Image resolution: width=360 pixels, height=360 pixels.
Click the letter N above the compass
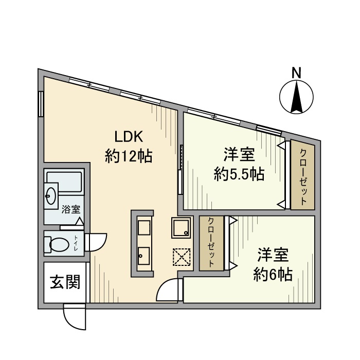[x=296, y=73]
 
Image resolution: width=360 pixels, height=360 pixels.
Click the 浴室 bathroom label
[x=70, y=209]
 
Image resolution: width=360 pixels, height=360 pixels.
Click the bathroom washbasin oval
[x=51, y=196]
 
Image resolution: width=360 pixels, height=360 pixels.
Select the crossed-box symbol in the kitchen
[x=182, y=257]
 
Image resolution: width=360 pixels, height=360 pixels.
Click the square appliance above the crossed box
[x=181, y=227]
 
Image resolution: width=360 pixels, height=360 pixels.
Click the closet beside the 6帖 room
[x=212, y=242]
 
